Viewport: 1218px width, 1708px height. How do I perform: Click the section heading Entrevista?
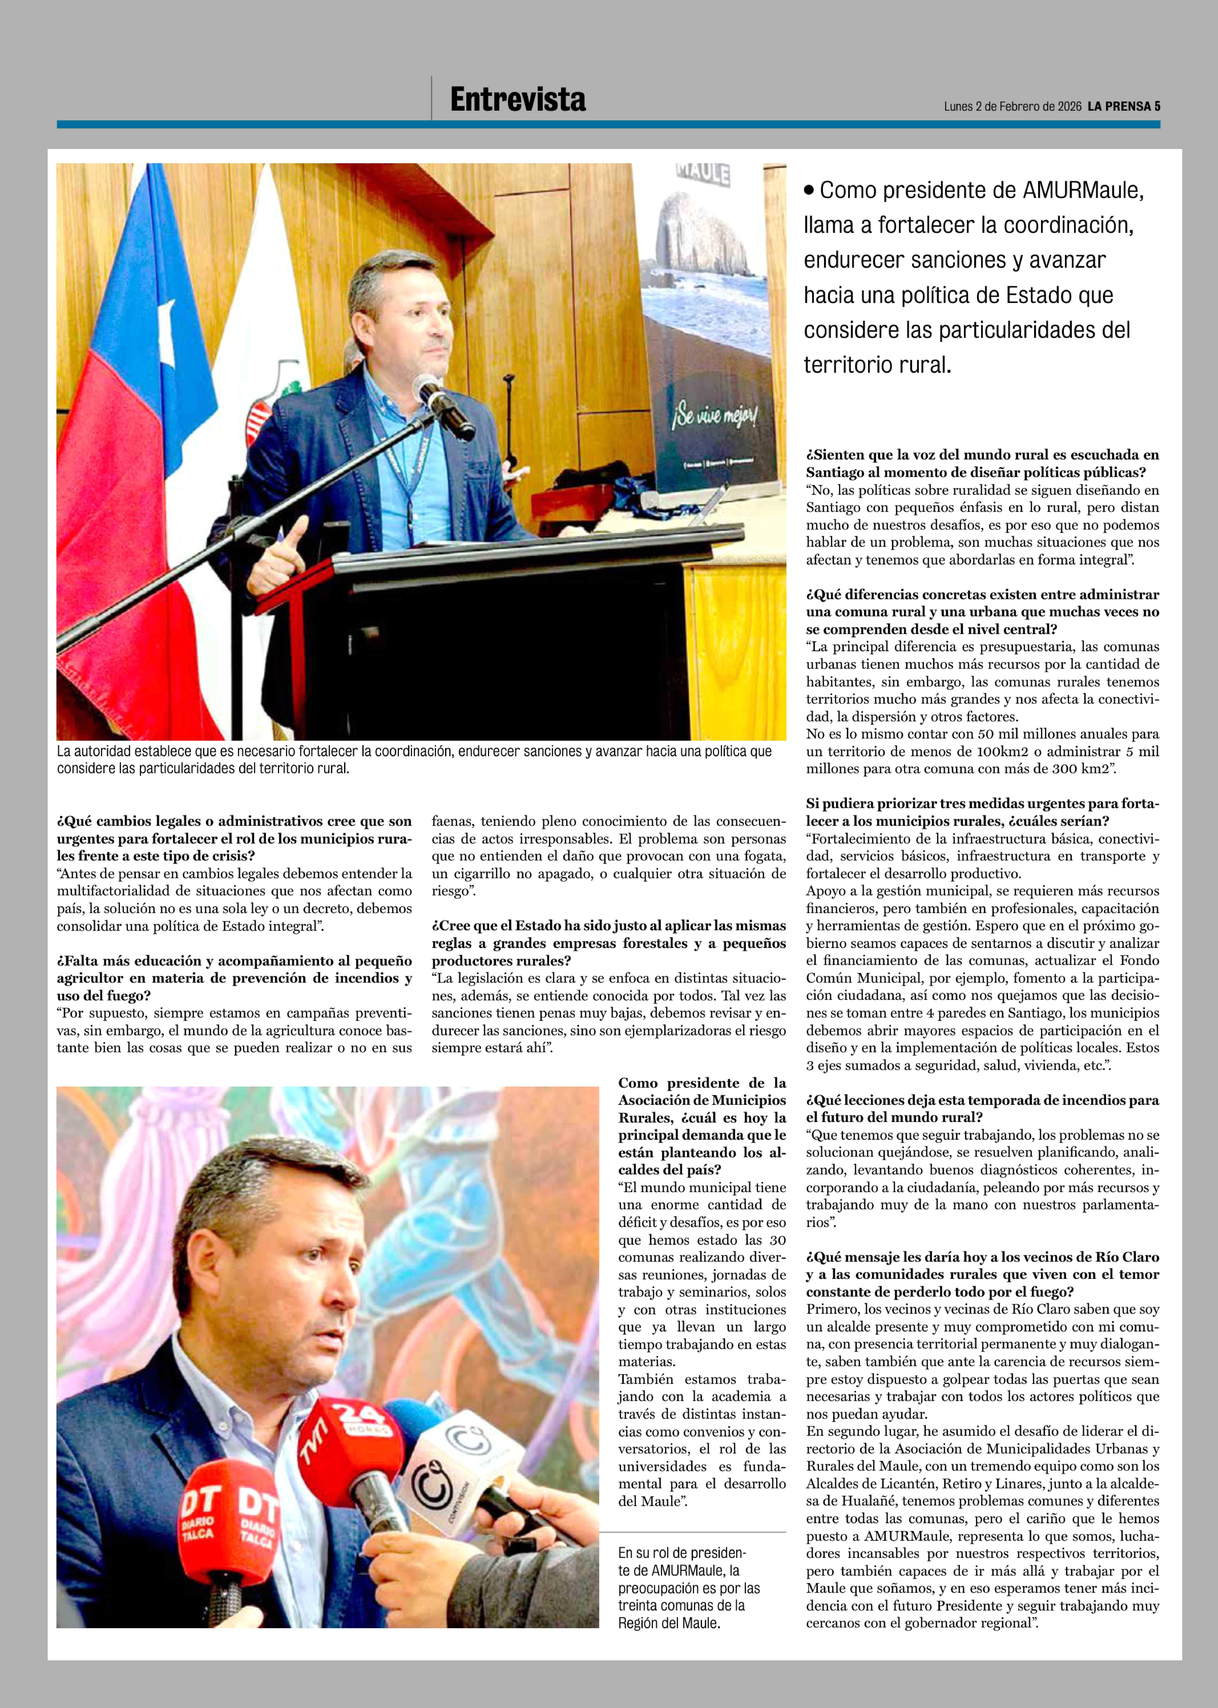pos(518,100)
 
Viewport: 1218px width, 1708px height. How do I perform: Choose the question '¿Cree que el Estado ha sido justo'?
pos(608,943)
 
